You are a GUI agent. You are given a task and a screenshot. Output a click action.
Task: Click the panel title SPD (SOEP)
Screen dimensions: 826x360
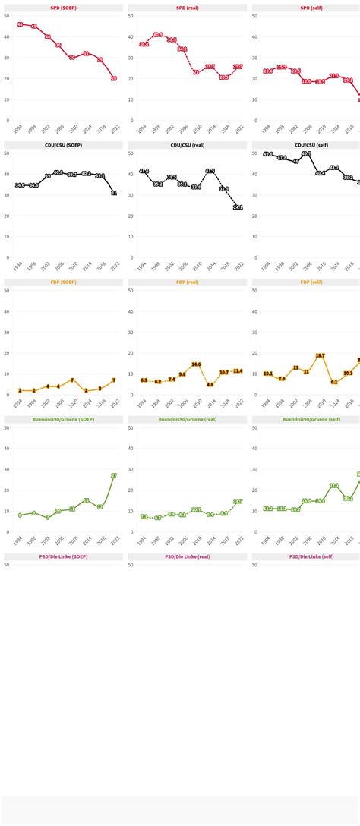click(63, 8)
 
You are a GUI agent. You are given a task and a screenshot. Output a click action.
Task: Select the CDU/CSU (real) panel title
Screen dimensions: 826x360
click(187, 145)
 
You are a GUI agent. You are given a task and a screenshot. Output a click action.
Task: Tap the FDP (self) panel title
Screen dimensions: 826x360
click(306, 282)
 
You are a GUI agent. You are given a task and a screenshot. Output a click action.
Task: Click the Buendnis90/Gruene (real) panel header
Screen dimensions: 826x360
click(187, 420)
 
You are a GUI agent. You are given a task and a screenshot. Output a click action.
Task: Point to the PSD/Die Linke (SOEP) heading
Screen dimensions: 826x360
click(63, 556)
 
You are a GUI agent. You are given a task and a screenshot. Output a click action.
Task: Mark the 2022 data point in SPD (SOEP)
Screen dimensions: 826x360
click(114, 78)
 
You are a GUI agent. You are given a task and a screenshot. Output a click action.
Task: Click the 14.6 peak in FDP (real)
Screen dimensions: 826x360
click(196, 364)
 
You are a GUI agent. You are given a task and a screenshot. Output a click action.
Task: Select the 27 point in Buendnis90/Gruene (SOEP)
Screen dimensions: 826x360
click(114, 476)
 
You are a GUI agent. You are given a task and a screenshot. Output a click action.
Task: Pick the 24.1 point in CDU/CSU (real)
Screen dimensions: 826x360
click(238, 207)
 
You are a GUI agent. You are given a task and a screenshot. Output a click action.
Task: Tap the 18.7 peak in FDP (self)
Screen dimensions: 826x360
click(320, 355)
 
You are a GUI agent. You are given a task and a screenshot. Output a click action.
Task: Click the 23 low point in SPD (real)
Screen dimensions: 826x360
click(196, 72)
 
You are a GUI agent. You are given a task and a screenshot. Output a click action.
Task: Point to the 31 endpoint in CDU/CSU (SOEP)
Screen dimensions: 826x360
click(114, 193)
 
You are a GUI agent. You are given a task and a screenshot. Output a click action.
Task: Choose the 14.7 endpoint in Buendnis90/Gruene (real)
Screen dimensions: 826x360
click(238, 502)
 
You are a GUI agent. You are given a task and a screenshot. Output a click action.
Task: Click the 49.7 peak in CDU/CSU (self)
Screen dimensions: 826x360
click(306, 154)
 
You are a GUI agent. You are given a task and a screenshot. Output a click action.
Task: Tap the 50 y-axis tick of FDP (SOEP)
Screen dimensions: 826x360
click(7, 291)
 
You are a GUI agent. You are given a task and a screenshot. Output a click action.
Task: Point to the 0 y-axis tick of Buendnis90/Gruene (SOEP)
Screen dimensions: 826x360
click(7, 532)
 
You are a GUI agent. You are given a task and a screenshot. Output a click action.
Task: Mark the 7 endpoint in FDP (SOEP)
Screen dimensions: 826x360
click(114, 380)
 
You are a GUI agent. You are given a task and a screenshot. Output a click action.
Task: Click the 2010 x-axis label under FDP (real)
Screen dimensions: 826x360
click(197, 403)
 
